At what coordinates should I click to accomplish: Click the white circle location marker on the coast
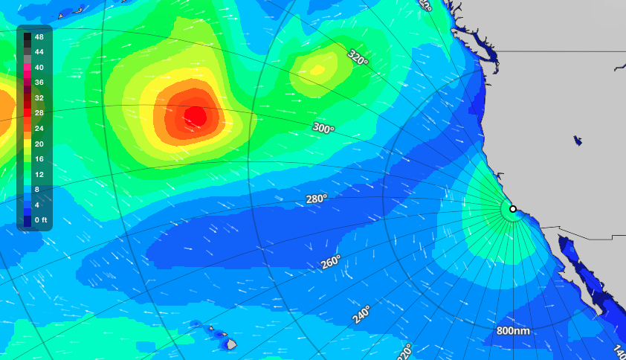[513, 209]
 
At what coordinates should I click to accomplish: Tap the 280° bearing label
[317, 199]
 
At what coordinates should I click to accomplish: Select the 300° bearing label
[323, 128]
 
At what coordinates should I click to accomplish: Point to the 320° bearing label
[358, 58]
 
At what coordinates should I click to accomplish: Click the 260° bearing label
[331, 263]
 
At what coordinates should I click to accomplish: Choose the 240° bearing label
[362, 315]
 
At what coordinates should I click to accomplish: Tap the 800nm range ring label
[514, 330]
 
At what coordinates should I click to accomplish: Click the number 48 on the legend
[39, 36]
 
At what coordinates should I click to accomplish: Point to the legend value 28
[39, 113]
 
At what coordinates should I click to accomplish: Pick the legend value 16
[39, 159]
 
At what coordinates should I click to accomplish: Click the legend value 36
[39, 83]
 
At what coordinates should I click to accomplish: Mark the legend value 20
[39, 144]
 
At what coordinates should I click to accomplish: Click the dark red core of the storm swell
[196, 115]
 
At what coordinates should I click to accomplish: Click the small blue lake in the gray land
[578, 140]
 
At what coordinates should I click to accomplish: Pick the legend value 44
[39, 52]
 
